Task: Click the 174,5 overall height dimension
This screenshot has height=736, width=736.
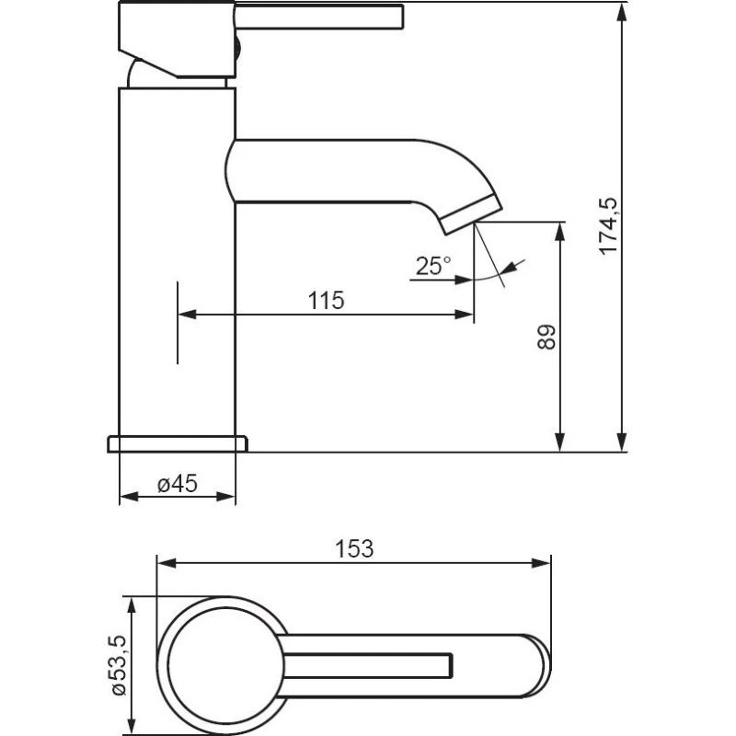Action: [609, 226]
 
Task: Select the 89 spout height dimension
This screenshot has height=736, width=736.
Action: [546, 337]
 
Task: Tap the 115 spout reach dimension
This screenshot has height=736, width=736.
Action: [326, 301]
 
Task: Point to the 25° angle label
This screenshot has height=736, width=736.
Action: [432, 266]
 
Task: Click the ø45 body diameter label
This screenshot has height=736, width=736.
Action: [178, 484]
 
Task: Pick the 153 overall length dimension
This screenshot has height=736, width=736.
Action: [354, 548]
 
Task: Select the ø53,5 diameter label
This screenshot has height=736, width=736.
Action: [119, 664]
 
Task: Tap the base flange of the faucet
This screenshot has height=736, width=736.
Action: [178, 444]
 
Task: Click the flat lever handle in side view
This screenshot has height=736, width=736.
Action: [318, 17]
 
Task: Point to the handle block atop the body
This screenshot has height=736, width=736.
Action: [177, 40]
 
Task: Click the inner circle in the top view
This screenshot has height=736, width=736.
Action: [225, 666]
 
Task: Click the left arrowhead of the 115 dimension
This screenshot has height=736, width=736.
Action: [187, 314]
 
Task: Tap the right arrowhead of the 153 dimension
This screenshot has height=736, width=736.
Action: [541, 563]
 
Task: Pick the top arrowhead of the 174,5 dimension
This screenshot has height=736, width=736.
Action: [622, 11]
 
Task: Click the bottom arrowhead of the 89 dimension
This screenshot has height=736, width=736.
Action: [559, 443]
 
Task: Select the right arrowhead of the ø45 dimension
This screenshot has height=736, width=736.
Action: [225, 496]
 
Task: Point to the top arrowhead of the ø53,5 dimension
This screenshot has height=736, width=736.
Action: [132, 606]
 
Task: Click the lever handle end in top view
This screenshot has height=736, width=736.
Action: [450, 665]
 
